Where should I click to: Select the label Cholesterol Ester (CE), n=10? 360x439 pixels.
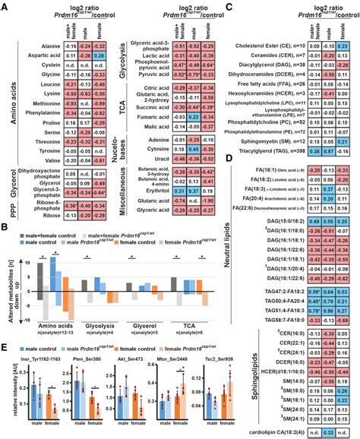[x=266, y=45]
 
